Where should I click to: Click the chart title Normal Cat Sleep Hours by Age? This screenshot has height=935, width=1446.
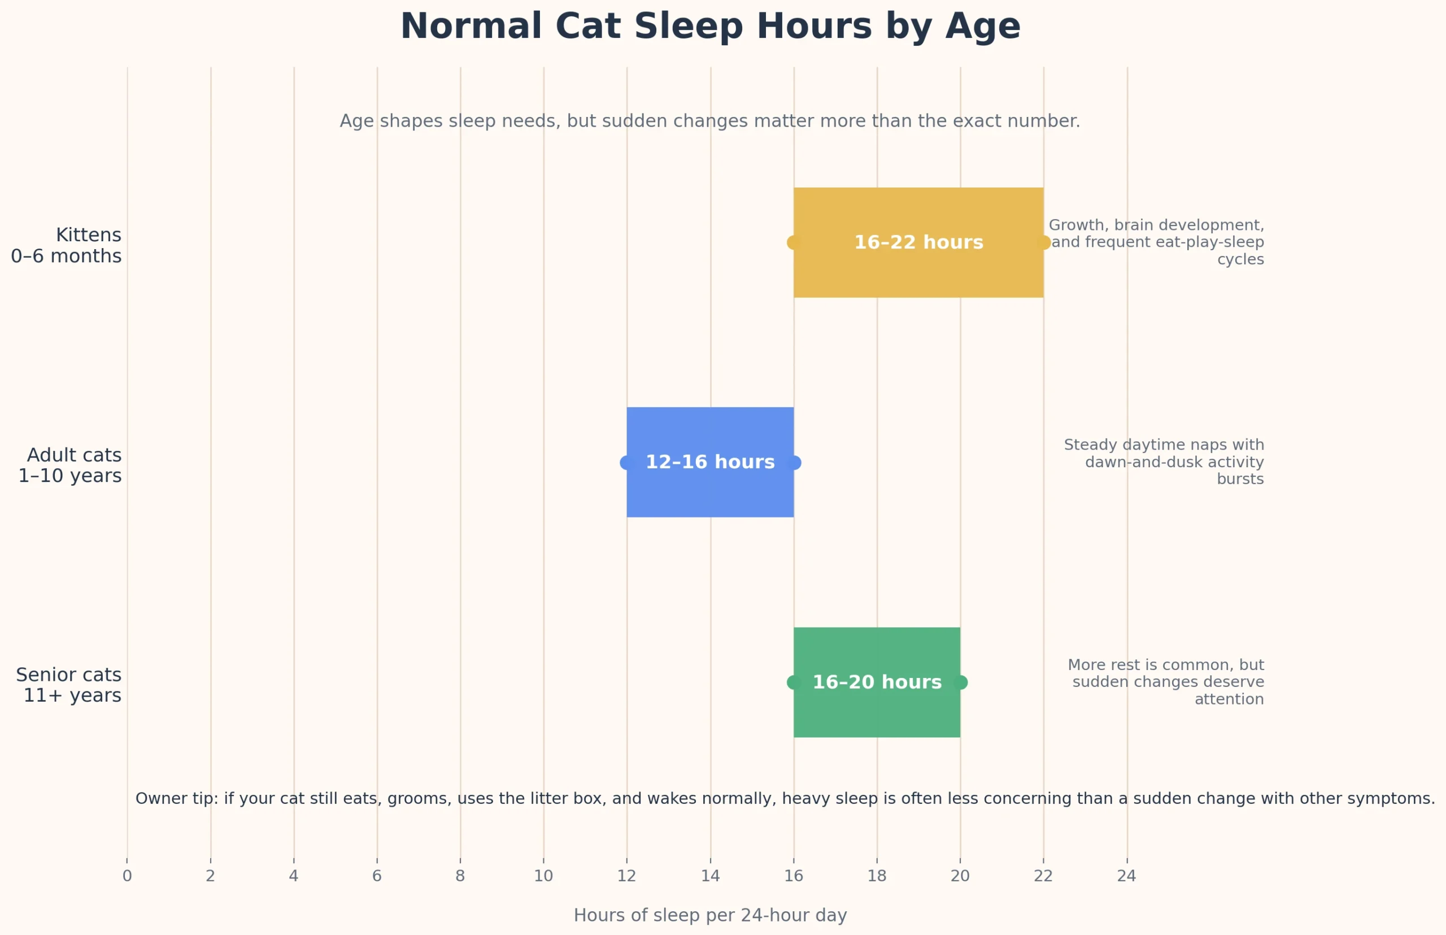click(709, 27)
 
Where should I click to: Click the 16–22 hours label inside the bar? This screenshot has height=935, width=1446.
click(918, 242)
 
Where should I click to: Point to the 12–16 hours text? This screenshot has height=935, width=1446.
click(709, 462)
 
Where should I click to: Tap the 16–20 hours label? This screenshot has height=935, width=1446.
click(877, 682)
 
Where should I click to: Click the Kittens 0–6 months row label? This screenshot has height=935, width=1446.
click(66, 245)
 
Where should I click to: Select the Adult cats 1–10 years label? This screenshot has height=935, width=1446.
click(70, 465)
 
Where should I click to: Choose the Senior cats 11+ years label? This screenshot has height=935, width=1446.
click(68, 685)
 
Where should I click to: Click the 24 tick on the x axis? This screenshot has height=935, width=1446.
click(1126, 876)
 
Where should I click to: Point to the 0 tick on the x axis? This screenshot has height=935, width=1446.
click(127, 876)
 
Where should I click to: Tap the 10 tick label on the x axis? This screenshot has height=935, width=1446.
click(543, 876)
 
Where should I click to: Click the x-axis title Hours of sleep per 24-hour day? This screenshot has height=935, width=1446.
click(709, 915)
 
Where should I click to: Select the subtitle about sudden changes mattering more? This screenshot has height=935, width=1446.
click(709, 121)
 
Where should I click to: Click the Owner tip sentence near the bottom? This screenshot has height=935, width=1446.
click(785, 798)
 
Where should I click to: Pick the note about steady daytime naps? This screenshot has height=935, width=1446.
click(1164, 462)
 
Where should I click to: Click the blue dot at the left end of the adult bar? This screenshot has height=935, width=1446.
click(626, 463)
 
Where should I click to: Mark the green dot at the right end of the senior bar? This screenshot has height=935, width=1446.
click(960, 682)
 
